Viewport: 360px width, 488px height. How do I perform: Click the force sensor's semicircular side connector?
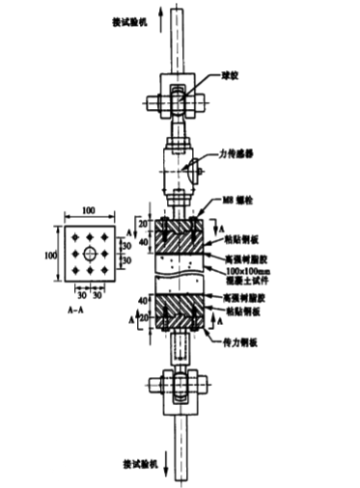click(195, 173)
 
